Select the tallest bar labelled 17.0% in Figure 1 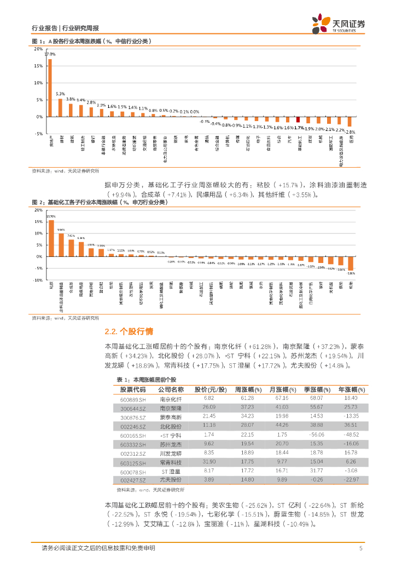(x=50, y=88)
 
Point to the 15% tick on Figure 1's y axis (x=38, y=66)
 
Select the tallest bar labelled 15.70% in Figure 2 (x=51, y=238)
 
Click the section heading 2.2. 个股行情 (x=129, y=331)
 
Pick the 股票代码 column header (x=133, y=389)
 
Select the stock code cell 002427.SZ (x=133, y=480)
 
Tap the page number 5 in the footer (x=360, y=548)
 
